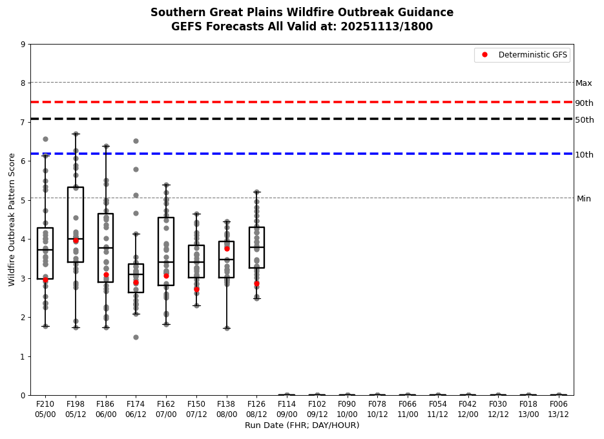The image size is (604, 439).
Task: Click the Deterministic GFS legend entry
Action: pyautogui.click(x=523, y=55)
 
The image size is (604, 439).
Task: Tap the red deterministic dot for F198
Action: pyautogui.click(x=76, y=240)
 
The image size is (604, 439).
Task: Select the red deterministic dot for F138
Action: pyautogui.click(x=227, y=249)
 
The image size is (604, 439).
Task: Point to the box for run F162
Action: pyautogui.click(x=166, y=251)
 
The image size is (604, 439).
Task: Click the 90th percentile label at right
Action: pyautogui.click(x=584, y=103)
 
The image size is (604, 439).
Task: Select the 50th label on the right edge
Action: pyautogui.click(x=584, y=120)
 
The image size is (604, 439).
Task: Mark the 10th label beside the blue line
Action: pyautogui.click(x=584, y=155)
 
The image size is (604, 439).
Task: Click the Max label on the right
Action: pyautogui.click(x=584, y=83)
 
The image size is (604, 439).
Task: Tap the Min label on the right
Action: pyautogui.click(x=584, y=199)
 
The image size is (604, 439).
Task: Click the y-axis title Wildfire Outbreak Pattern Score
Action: pyautogui.click(x=12, y=219)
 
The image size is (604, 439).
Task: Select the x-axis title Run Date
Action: pyautogui.click(x=302, y=425)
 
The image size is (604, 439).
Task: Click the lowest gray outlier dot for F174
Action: pyautogui.click(x=136, y=337)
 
